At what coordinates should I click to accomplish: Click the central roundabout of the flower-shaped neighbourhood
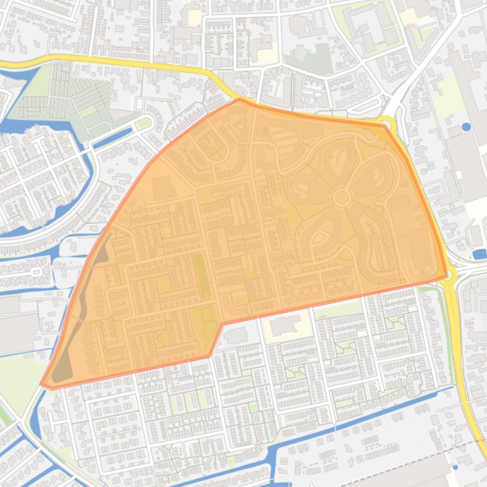[342, 198]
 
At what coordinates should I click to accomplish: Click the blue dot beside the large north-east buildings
[466, 127]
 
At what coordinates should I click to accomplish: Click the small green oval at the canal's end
[144, 123]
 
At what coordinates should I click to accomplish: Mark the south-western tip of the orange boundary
[42, 384]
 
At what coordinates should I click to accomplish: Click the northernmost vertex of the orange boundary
[239, 99]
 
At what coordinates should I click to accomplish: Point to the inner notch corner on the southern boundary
[221, 324]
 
